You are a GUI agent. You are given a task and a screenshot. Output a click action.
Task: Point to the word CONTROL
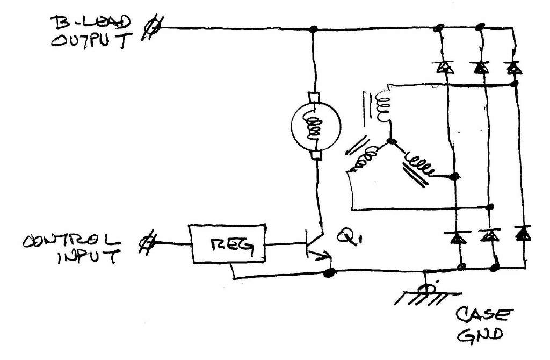[70, 241]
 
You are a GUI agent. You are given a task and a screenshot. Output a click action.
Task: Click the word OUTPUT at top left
[91, 42]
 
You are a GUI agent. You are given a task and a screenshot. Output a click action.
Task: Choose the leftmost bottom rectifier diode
[456, 236]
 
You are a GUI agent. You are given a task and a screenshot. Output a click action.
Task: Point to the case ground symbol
[427, 294]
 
